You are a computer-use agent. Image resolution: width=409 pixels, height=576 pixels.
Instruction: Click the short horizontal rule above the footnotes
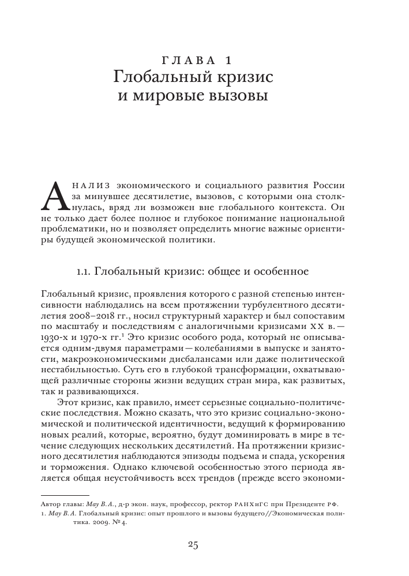[66, 495]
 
